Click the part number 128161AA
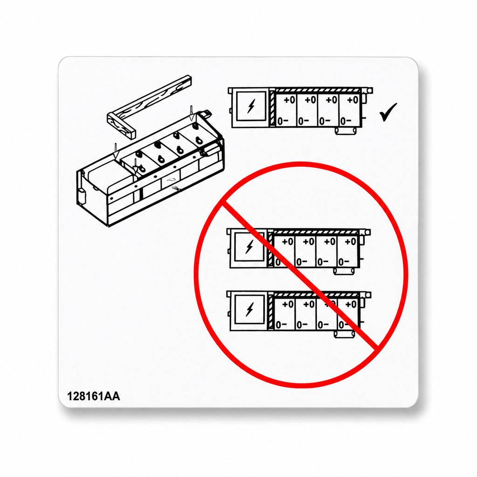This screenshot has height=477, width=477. click(x=93, y=396)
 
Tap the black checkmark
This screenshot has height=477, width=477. click(x=388, y=112)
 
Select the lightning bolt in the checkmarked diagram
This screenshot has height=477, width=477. click(x=251, y=106)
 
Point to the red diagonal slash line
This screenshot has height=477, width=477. click(x=300, y=275)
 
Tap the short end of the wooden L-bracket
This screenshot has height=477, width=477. click(x=121, y=126)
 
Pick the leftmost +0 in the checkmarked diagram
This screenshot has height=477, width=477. click(x=289, y=100)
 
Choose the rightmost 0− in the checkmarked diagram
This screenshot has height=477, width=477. click(x=346, y=121)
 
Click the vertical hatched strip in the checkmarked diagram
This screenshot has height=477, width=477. click(x=272, y=108)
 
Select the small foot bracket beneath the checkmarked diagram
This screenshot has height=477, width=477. click(x=346, y=131)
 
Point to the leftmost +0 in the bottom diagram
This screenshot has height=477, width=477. click(x=288, y=304)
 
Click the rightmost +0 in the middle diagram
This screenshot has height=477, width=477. click(x=351, y=242)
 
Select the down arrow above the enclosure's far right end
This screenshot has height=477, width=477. click(x=191, y=113)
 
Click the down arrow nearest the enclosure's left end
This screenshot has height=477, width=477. click(x=116, y=151)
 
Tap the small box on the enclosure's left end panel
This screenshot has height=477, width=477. click(x=82, y=196)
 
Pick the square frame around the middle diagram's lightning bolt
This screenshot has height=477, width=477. click(x=250, y=247)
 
